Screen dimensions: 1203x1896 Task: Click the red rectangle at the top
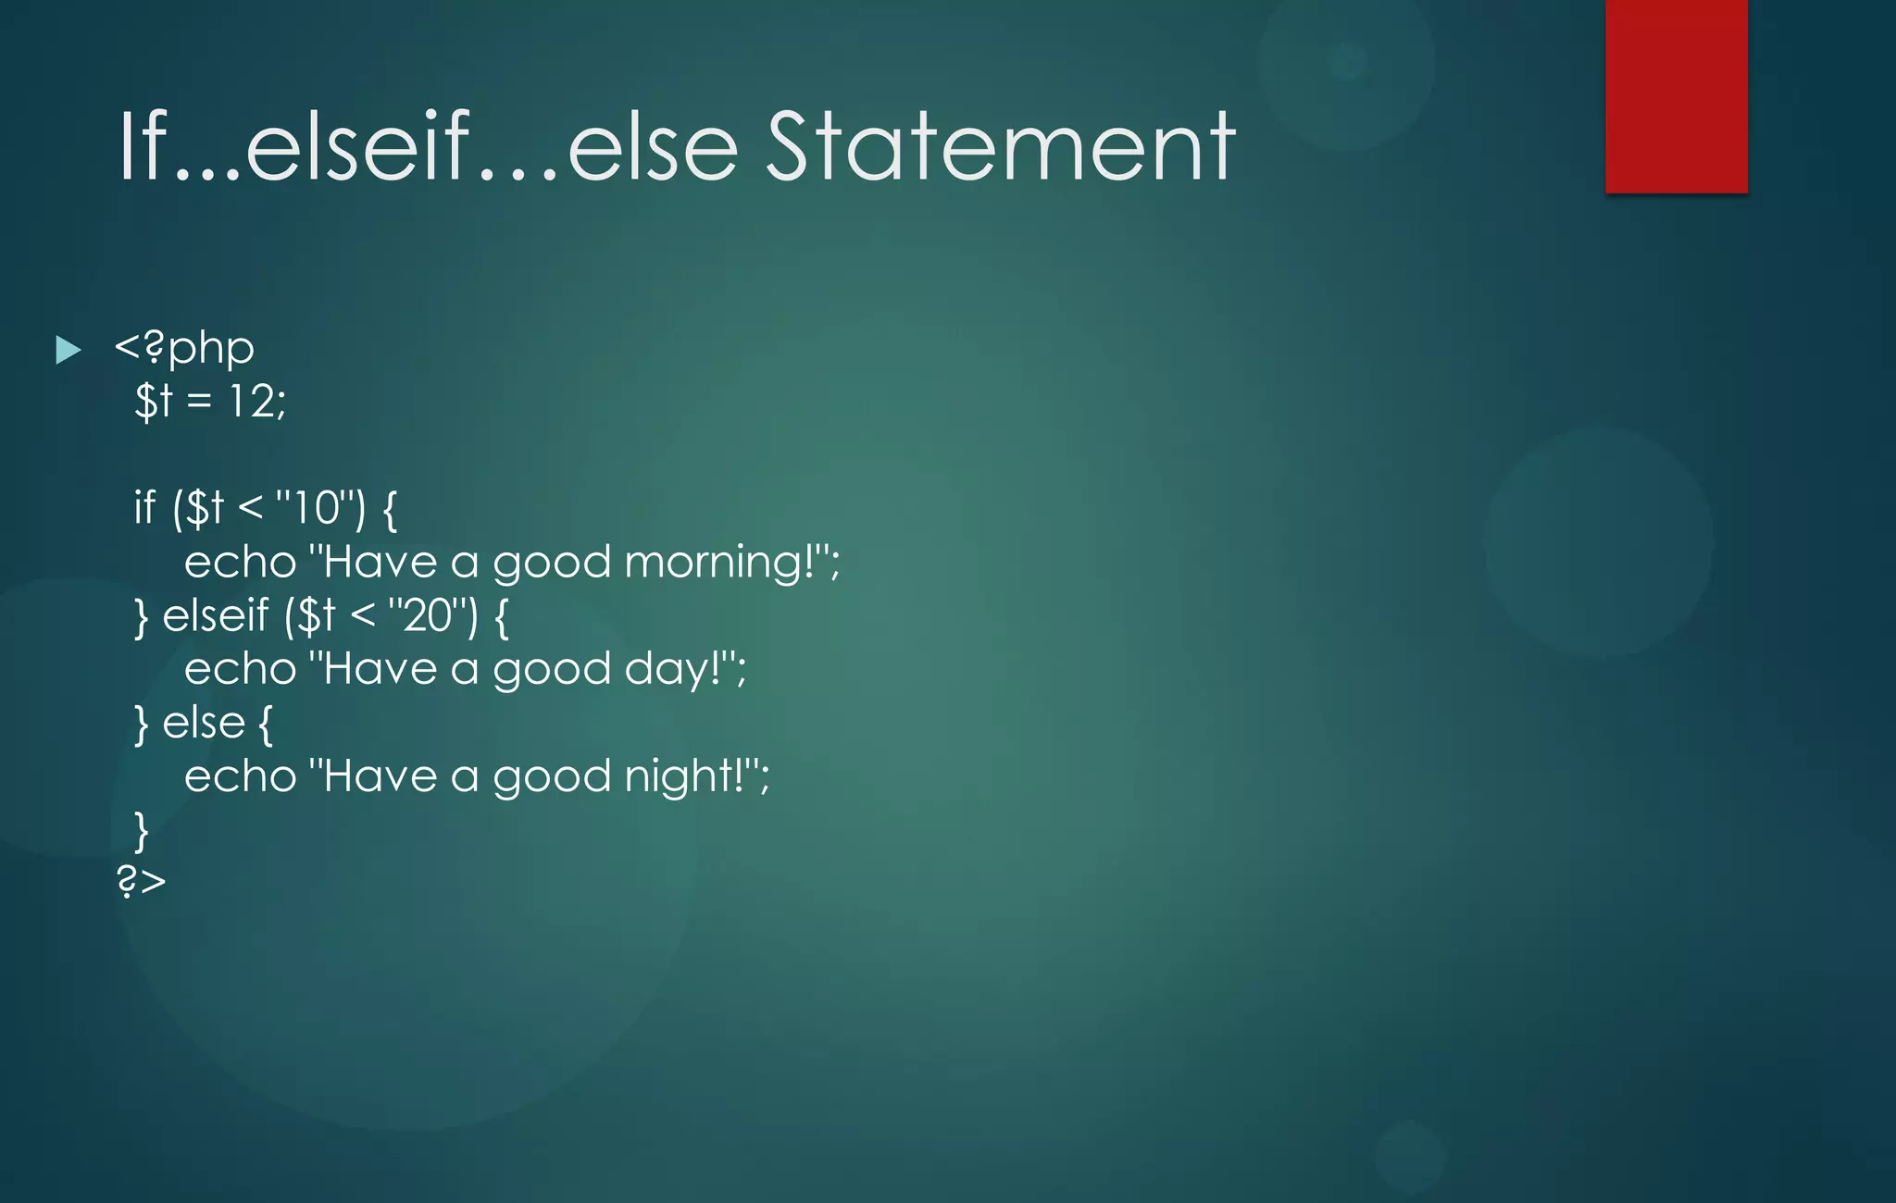point(1676,96)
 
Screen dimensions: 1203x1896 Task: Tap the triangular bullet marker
point(68,350)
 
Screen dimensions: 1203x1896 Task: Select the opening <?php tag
point(184,348)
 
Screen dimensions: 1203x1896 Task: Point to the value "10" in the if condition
point(315,508)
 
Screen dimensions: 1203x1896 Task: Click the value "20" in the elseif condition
point(427,615)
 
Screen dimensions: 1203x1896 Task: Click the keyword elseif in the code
point(215,615)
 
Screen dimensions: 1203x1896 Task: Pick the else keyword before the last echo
point(204,723)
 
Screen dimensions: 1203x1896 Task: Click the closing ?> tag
point(141,881)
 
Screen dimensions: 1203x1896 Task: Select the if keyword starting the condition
point(145,508)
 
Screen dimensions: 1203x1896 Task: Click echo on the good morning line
point(240,563)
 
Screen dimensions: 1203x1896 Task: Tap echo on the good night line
point(240,776)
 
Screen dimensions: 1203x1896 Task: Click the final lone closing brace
point(141,830)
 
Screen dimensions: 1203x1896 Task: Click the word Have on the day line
point(380,669)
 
